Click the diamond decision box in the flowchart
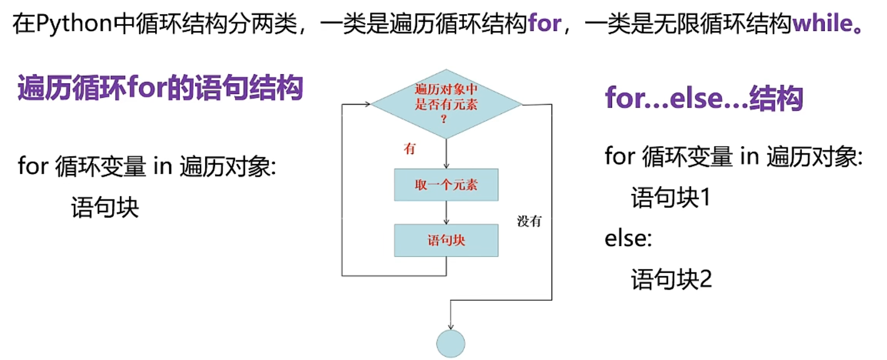446,105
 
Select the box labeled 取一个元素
446,186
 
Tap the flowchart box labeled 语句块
446,240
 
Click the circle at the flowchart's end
451,344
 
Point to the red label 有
409,149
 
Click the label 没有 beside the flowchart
529,221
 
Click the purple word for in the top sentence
544,25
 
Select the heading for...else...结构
704,99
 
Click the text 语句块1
671,198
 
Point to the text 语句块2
671,279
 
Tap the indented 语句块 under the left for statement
105,208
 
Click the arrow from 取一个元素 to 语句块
446,213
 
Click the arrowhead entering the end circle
451,325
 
